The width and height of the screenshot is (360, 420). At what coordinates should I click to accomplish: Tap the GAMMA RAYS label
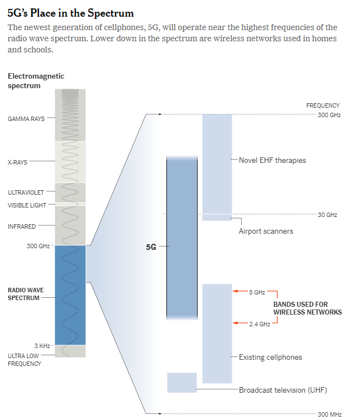pyautogui.click(x=26, y=118)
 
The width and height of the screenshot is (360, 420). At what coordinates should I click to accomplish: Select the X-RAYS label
pyautogui.click(x=18, y=162)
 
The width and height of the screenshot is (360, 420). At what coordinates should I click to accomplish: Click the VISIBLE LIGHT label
pyautogui.click(x=27, y=205)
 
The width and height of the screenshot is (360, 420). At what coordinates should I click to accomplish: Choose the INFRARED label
pyautogui.click(x=22, y=226)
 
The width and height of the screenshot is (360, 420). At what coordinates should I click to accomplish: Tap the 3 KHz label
pyautogui.click(x=43, y=346)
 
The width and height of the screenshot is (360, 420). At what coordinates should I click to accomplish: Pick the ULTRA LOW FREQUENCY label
pyautogui.click(x=25, y=359)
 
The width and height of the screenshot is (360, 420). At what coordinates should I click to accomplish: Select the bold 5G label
pyautogui.click(x=151, y=246)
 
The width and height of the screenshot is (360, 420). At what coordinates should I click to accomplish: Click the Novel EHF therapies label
pyautogui.click(x=272, y=160)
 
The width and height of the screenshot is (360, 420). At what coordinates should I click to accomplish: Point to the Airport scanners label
pyautogui.click(x=266, y=231)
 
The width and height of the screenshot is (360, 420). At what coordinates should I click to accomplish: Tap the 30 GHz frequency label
pyautogui.click(x=327, y=215)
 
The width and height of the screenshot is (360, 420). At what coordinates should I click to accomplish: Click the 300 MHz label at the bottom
pyautogui.click(x=329, y=414)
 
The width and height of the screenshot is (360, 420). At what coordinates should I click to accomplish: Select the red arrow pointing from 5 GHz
pyautogui.click(x=240, y=291)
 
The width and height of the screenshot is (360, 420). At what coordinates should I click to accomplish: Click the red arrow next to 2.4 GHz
pyautogui.click(x=240, y=323)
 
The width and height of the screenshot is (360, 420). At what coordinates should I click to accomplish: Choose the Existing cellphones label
pyautogui.click(x=270, y=356)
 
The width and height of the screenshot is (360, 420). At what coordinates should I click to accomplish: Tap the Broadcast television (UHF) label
pyautogui.click(x=282, y=390)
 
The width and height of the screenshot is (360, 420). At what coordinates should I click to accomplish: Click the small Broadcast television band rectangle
pyautogui.click(x=182, y=382)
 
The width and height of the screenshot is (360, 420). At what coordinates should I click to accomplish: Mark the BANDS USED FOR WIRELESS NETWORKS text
pyautogui.click(x=307, y=308)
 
